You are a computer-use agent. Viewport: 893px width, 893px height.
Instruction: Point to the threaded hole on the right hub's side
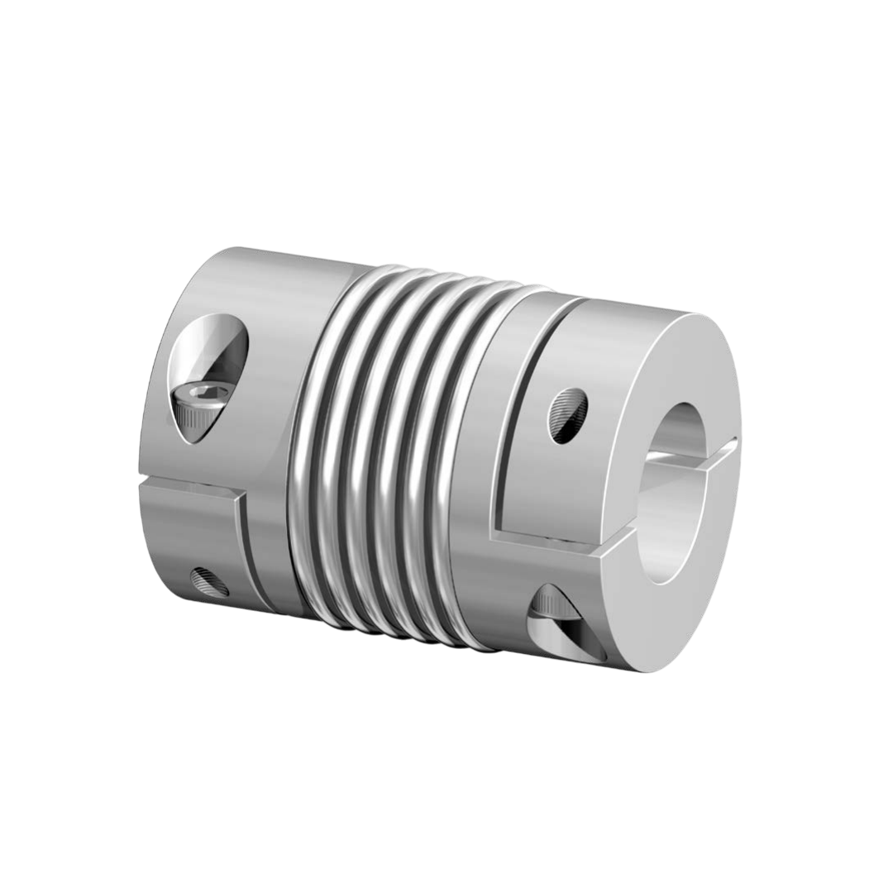click(568, 414)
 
